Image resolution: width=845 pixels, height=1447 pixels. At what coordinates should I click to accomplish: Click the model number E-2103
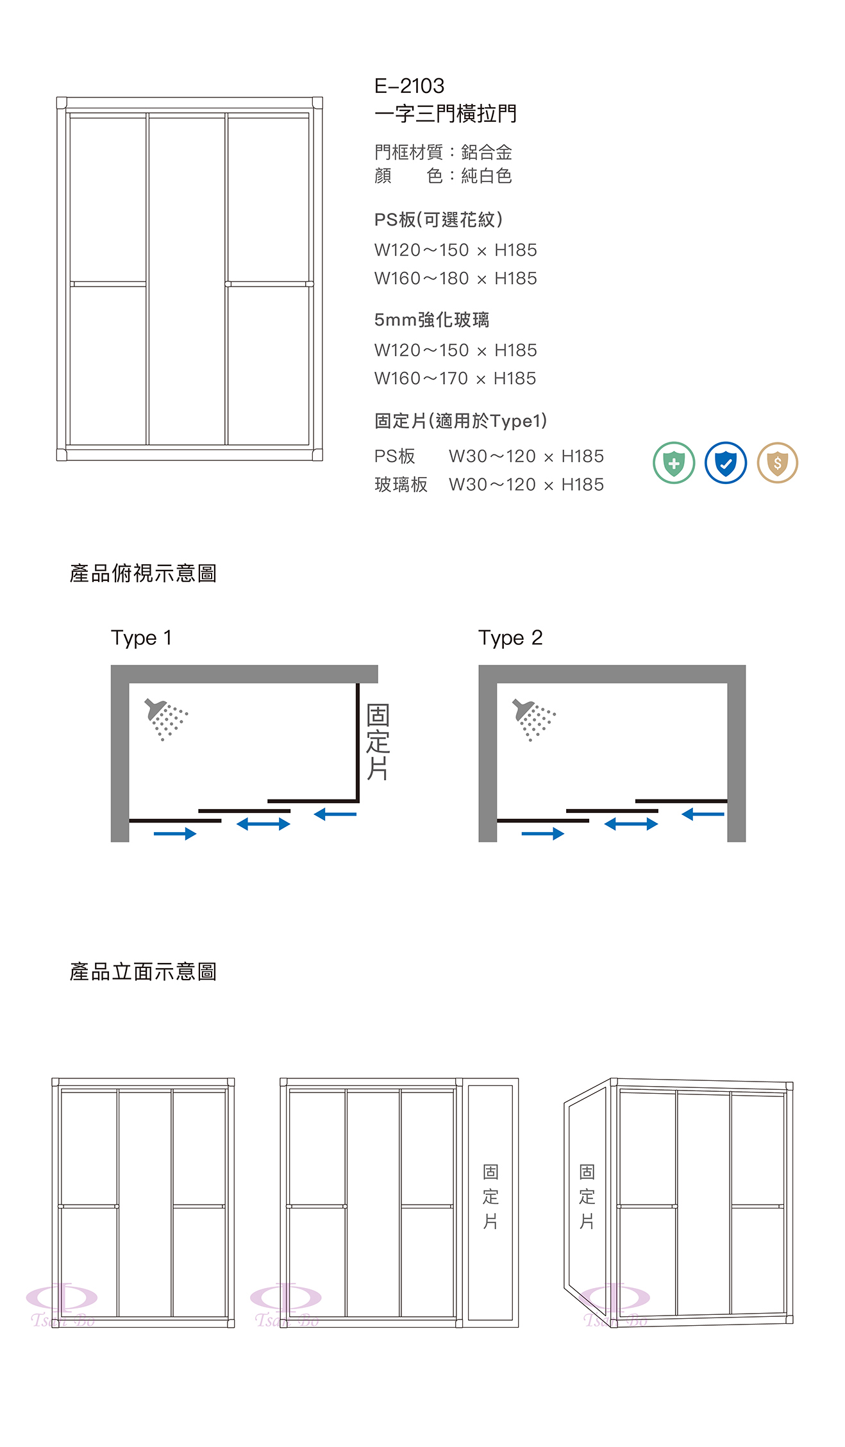409,86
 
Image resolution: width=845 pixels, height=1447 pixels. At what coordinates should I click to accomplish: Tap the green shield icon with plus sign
674,462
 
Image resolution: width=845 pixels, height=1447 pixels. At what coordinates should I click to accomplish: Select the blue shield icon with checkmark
726,462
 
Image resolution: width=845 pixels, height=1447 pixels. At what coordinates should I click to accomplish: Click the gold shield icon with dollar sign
778,462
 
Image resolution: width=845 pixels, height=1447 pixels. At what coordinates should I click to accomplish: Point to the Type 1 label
141,638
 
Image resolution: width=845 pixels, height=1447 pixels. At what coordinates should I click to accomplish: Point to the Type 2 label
510,638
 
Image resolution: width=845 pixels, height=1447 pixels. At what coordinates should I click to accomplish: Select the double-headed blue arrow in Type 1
264,824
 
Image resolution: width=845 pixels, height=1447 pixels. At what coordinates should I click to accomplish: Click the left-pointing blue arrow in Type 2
703,814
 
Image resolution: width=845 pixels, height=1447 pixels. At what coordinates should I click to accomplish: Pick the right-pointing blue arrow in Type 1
175,833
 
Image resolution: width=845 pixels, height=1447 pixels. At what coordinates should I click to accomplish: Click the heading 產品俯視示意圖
143,573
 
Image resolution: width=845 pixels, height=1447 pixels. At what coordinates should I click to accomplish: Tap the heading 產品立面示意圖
143,972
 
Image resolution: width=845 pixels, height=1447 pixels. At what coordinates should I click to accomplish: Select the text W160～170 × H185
455,378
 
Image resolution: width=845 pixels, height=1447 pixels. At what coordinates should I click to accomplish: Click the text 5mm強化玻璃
431,319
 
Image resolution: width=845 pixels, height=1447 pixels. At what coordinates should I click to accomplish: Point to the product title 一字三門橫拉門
446,113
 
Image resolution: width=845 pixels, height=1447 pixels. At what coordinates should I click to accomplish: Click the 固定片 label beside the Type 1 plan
378,742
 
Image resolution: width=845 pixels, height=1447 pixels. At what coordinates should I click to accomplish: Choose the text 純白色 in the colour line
486,176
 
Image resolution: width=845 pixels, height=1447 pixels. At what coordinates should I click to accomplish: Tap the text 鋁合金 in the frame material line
486,152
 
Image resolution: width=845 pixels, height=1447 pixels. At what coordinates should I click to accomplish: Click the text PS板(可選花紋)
439,220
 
